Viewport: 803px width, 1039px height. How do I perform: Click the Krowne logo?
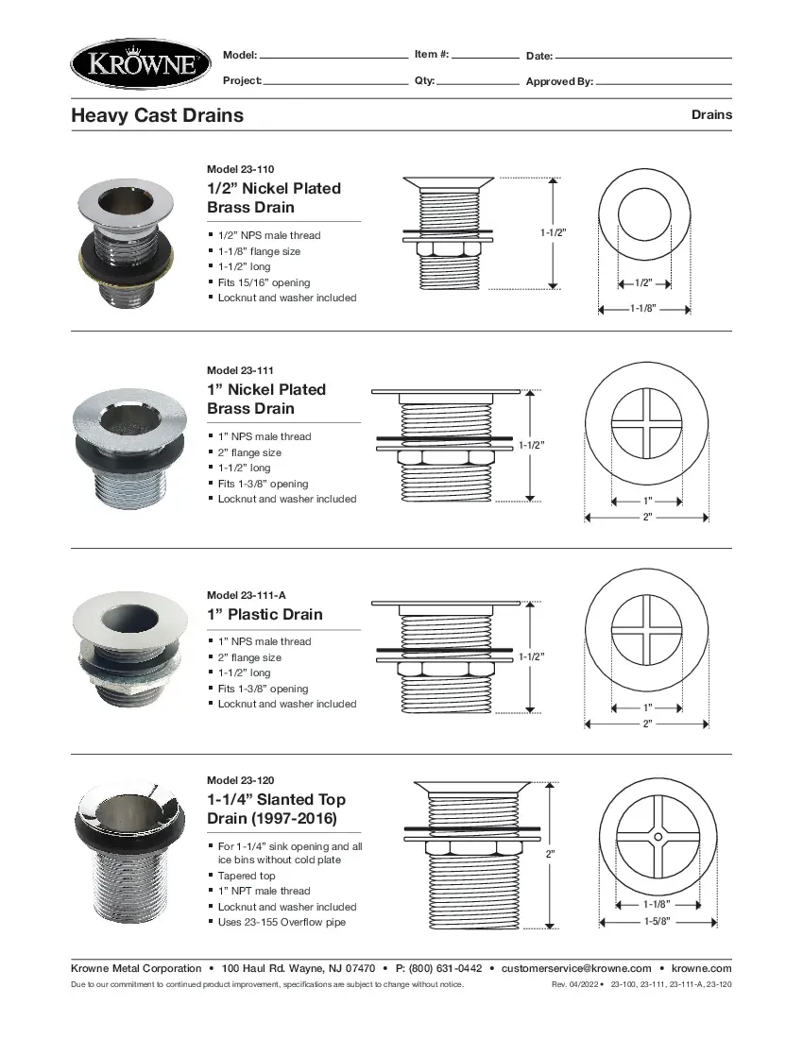pyautogui.click(x=140, y=64)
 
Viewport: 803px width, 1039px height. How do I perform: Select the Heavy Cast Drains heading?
pyautogui.click(x=157, y=115)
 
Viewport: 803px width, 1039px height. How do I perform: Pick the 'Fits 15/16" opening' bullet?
pyautogui.click(x=264, y=282)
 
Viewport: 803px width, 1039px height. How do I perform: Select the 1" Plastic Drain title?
pyautogui.click(x=265, y=614)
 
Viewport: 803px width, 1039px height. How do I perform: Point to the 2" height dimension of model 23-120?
pyautogui.click(x=551, y=854)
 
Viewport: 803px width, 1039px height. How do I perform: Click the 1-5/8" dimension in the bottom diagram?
pyautogui.click(x=657, y=922)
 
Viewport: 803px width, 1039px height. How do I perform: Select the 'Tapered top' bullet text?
pyautogui.click(x=247, y=876)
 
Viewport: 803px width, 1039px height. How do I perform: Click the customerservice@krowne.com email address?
pyautogui.click(x=576, y=968)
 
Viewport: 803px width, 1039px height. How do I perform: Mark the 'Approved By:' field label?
pyautogui.click(x=559, y=81)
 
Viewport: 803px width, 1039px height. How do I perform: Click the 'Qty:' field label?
pyautogui.click(x=424, y=80)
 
